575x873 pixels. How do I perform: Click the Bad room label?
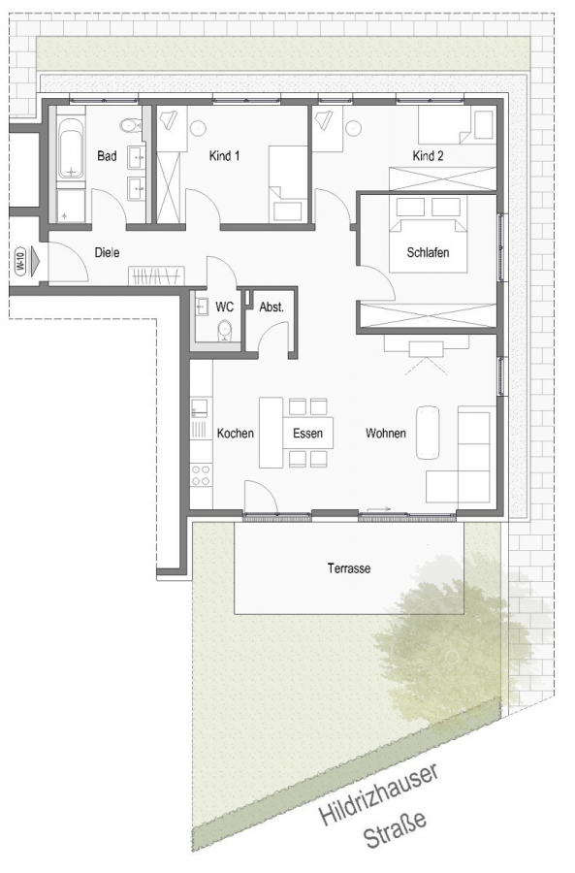point(107,155)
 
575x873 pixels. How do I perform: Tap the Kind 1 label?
point(224,155)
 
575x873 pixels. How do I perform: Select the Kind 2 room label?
point(428,155)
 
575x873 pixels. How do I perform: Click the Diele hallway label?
point(107,252)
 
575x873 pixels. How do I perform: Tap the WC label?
point(224,307)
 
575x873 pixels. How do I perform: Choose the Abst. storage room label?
point(271,307)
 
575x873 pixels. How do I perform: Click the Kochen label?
point(236,434)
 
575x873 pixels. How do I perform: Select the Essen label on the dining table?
point(307,434)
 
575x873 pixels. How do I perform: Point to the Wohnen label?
point(385,434)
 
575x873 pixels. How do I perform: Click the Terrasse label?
point(348,568)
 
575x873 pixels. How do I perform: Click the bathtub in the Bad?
point(71,151)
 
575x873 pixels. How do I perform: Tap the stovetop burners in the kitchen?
point(201,474)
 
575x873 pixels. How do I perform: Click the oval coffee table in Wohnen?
point(428,432)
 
